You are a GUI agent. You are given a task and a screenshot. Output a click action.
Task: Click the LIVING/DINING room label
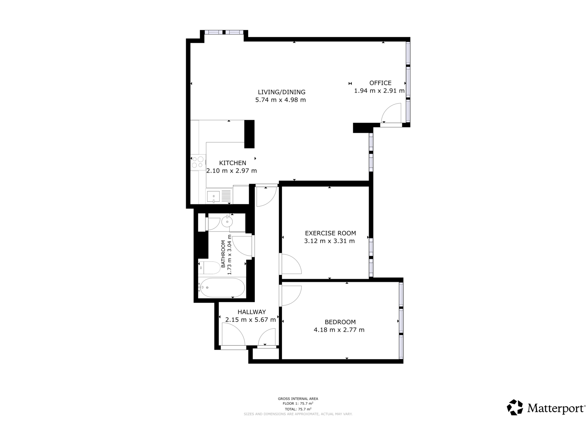282,92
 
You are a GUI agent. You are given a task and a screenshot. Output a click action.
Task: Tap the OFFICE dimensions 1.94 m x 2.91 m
379,91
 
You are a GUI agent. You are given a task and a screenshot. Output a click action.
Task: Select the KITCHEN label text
232,163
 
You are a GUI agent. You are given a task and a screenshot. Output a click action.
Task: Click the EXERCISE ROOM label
330,233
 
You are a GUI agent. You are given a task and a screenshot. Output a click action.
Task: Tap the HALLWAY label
252,312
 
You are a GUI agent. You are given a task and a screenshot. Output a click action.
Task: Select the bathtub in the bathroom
222,288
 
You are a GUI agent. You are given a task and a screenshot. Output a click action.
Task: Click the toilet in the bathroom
209,268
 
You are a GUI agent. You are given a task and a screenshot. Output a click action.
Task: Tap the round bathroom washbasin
227,222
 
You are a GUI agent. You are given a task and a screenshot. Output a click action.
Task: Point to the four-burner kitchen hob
198,162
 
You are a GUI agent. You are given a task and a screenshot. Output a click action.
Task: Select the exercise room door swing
291,264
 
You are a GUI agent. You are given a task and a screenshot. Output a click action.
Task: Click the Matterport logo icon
515,407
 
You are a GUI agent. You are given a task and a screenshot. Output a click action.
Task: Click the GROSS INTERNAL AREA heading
298,399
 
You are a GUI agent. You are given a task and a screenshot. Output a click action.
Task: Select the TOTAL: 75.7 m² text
298,409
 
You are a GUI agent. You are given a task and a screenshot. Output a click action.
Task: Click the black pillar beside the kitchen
249,134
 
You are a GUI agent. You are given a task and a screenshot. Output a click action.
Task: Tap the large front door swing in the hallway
233,336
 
